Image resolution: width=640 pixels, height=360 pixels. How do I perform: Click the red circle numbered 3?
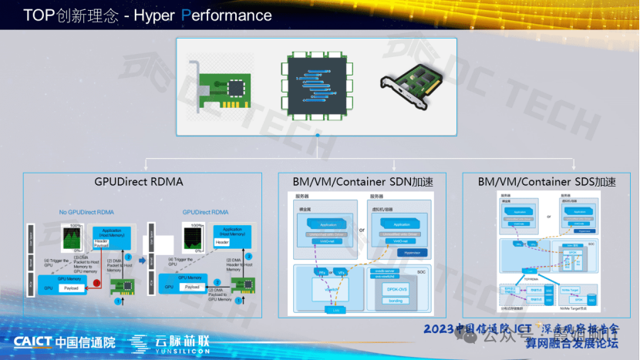pos(96,283)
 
